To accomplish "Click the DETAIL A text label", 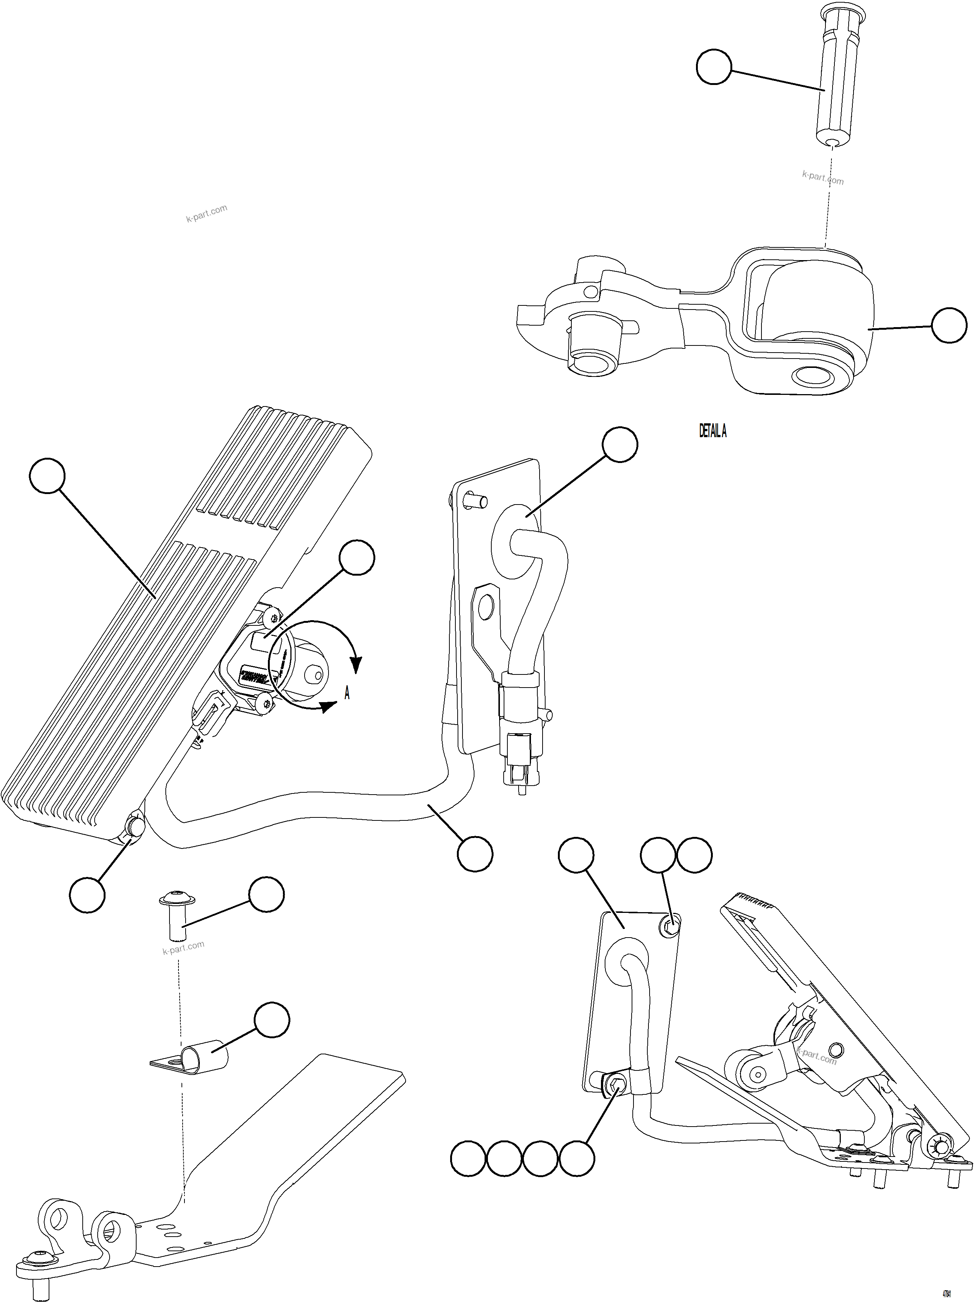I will (712, 432).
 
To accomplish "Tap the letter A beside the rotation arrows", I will (347, 693).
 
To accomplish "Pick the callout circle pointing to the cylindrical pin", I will (714, 67).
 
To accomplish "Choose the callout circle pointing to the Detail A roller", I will (949, 325).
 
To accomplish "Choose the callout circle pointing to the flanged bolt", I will (266, 895).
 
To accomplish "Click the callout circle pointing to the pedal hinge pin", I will (87, 895).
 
